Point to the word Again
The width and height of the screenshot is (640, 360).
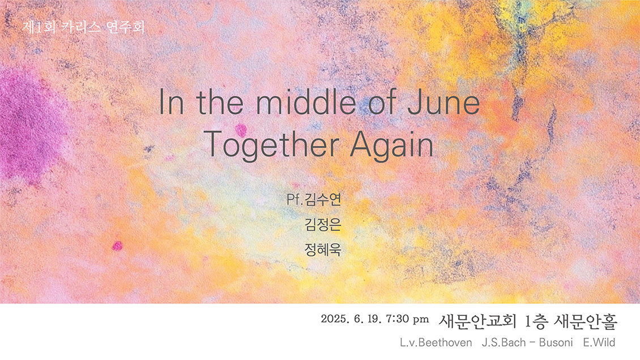[x=391, y=145]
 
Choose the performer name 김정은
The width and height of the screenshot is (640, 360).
[x=322, y=224]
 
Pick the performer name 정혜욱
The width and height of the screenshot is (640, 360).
[x=322, y=249]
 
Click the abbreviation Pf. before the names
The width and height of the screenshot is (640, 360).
[x=295, y=199]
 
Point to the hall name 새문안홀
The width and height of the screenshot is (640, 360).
[x=585, y=322]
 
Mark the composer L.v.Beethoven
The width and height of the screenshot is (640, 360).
[x=436, y=342]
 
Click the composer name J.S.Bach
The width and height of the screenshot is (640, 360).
[x=504, y=342]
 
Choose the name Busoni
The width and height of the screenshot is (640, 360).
[x=556, y=342]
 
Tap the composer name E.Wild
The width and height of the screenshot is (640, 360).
[x=599, y=342]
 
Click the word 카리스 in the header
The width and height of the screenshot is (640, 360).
[x=81, y=27]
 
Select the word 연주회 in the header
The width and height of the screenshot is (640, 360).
[x=125, y=27]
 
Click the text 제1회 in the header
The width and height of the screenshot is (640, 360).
[x=39, y=27]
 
